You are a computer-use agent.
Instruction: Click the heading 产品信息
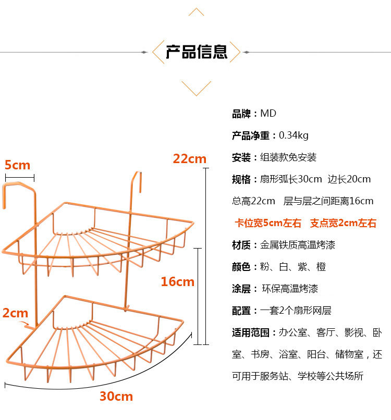coord(197,52)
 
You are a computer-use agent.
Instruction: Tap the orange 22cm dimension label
coord(190,158)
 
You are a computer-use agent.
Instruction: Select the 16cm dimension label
coord(177,282)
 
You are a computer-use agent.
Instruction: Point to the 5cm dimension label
coord(17,165)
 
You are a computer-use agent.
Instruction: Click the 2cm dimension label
coord(15,313)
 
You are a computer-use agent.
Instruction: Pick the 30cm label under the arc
coord(116,397)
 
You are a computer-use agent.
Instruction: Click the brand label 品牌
coord(241,114)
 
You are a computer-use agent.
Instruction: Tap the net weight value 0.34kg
coord(294,135)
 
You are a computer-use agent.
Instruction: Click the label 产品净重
coord(251,135)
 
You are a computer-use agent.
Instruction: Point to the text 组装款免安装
coord(288,157)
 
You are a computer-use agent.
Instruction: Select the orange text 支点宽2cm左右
coord(343,223)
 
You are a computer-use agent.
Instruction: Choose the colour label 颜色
coord(241,267)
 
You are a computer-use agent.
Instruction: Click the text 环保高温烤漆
coord(290,289)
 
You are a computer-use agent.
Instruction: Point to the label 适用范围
coord(251,332)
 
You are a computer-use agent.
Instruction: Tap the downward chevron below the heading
coord(196,88)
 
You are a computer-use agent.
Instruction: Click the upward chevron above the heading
coord(196,11)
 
